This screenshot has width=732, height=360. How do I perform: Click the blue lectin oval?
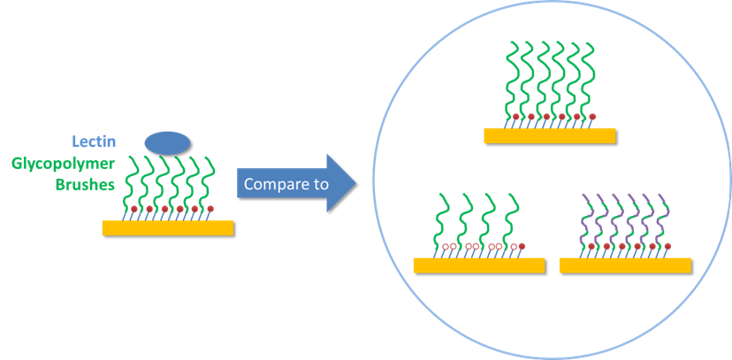pos(167,142)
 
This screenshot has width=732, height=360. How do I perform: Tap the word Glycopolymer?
pos(64,164)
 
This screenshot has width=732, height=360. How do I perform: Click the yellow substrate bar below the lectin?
pos(168,228)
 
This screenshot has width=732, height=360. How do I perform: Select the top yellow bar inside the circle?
pos(549,135)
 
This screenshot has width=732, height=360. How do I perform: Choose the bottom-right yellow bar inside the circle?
pos(625,265)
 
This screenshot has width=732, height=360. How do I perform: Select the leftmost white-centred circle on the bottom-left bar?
pos(447,246)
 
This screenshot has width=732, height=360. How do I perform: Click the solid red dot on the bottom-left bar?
pos(521,245)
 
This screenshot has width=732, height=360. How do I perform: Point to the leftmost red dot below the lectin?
pos(133,209)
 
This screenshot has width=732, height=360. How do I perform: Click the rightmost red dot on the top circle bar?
pos(592,116)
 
